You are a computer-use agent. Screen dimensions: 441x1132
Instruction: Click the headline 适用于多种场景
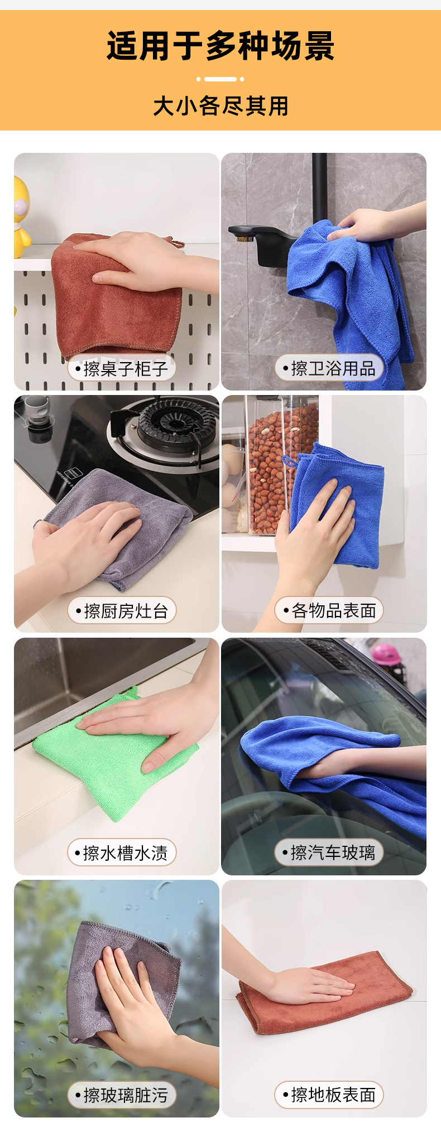tap(220, 45)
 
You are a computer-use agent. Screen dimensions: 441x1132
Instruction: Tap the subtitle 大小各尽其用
tap(220, 105)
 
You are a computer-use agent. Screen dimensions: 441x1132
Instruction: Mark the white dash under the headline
tap(220, 79)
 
